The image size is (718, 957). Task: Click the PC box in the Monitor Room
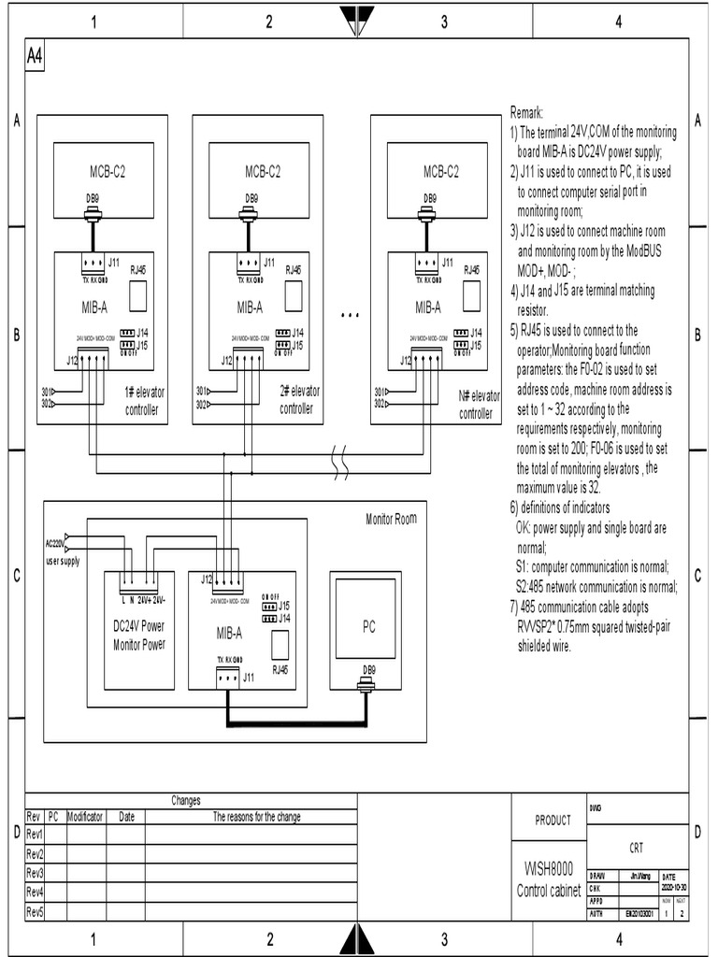click(368, 627)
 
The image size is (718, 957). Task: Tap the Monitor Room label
click(391, 518)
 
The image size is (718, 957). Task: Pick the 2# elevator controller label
click(298, 399)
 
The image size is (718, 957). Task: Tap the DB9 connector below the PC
click(369, 687)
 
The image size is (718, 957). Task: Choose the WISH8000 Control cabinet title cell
click(550, 879)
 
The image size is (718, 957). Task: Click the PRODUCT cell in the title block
click(553, 821)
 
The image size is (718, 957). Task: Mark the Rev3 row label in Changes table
click(36, 872)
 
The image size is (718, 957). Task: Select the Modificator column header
click(85, 816)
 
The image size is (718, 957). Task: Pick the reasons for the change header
click(256, 816)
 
